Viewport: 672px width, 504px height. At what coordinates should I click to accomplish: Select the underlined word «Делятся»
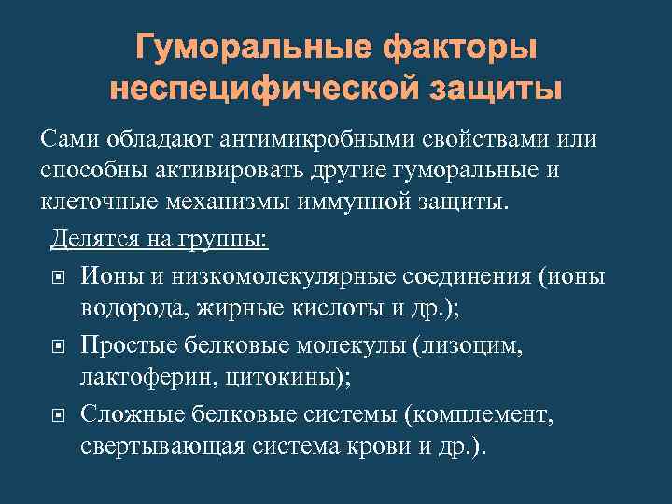(x=92, y=240)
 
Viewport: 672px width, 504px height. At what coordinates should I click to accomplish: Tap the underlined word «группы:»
(x=223, y=240)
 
